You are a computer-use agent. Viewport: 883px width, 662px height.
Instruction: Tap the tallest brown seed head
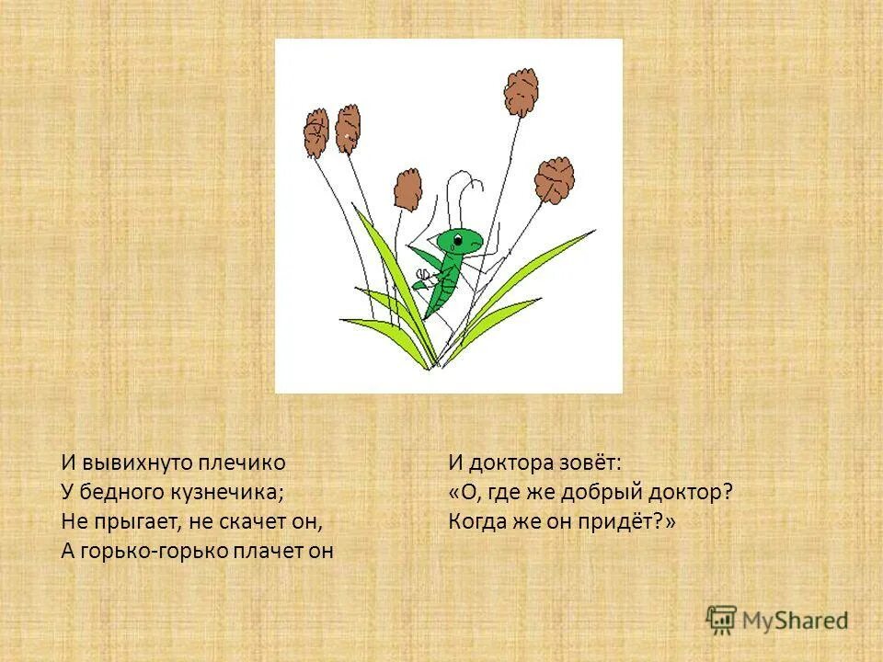(522, 92)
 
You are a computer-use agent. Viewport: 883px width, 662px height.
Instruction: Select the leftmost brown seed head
(315, 132)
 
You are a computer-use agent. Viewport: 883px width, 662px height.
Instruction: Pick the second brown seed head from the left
(348, 129)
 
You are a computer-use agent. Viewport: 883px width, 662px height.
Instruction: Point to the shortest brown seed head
(407, 188)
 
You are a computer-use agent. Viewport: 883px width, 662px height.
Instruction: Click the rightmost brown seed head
(555, 179)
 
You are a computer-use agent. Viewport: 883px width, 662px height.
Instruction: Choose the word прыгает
(137, 521)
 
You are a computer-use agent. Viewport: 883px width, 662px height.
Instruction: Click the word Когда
(477, 521)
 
